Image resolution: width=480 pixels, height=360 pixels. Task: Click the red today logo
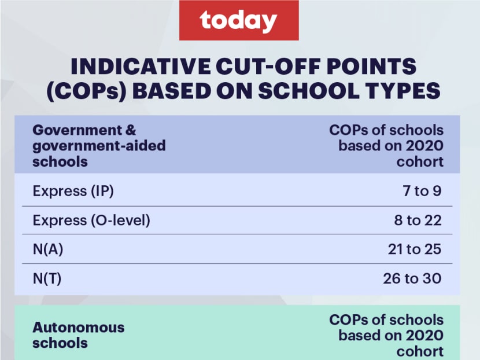239,20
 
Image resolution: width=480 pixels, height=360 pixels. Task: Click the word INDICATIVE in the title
141,66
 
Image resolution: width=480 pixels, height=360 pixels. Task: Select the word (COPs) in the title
87,91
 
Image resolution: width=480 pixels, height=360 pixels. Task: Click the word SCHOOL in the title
309,91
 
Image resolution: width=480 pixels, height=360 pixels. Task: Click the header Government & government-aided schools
99,146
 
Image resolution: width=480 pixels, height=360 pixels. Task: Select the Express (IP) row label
73,191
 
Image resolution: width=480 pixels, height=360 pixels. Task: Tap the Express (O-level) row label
91,221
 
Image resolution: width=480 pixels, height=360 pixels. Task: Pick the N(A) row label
48,249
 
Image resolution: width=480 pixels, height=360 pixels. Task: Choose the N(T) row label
47,278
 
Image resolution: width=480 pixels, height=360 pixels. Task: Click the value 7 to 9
422,191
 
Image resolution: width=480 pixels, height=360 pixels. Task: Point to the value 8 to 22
418,221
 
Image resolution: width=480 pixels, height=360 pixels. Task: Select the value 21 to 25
415,249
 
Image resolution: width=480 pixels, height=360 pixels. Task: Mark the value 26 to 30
412,278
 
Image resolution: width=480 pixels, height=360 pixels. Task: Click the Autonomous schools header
79,335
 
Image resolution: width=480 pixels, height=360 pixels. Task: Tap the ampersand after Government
131,130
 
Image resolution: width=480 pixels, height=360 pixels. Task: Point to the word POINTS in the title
371,66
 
